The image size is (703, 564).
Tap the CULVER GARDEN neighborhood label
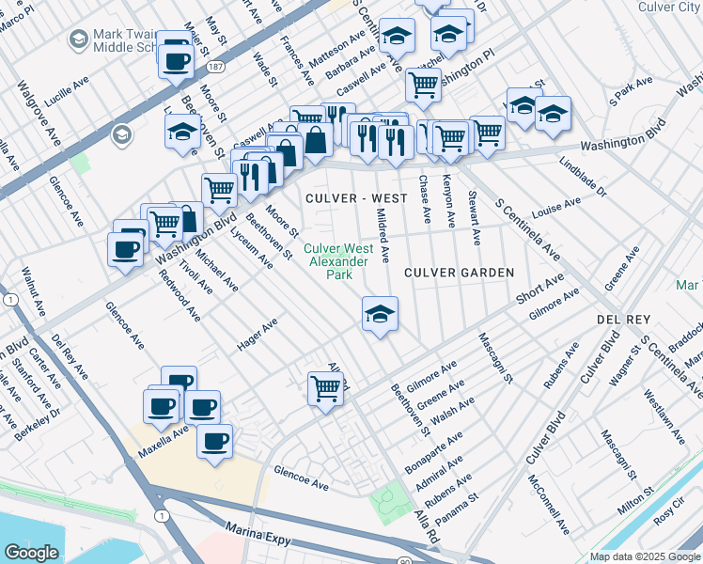pyautogui.click(x=459, y=273)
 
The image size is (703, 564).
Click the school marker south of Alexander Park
pyautogui.click(x=379, y=316)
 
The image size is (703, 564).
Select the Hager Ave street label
pyautogui.click(x=258, y=334)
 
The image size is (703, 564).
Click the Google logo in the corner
pyautogui.click(x=31, y=553)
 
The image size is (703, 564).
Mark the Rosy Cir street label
pyautogui.click(x=669, y=517)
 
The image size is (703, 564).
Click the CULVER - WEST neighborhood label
pyautogui.click(x=356, y=198)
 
